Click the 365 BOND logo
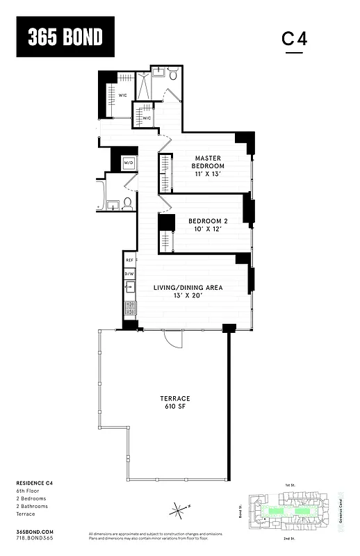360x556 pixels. (65, 38)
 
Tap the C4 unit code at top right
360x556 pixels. (294, 39)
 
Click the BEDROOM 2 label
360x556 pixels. (208, 222)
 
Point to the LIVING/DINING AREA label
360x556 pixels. (188, 287)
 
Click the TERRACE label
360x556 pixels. (175, 398)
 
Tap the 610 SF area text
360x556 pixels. (175, 407)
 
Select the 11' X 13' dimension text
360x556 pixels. (208, 174)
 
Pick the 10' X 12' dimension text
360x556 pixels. (208, 230)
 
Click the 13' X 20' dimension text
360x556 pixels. (188, 295)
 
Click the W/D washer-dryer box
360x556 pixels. (129, 163)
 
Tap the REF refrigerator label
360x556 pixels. (129, 260)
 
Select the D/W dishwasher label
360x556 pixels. (129, 274)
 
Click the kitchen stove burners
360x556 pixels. (129, 306)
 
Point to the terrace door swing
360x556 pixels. (174, 340)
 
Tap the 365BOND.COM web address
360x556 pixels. (34, 530)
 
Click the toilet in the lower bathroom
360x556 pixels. (127, 204)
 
